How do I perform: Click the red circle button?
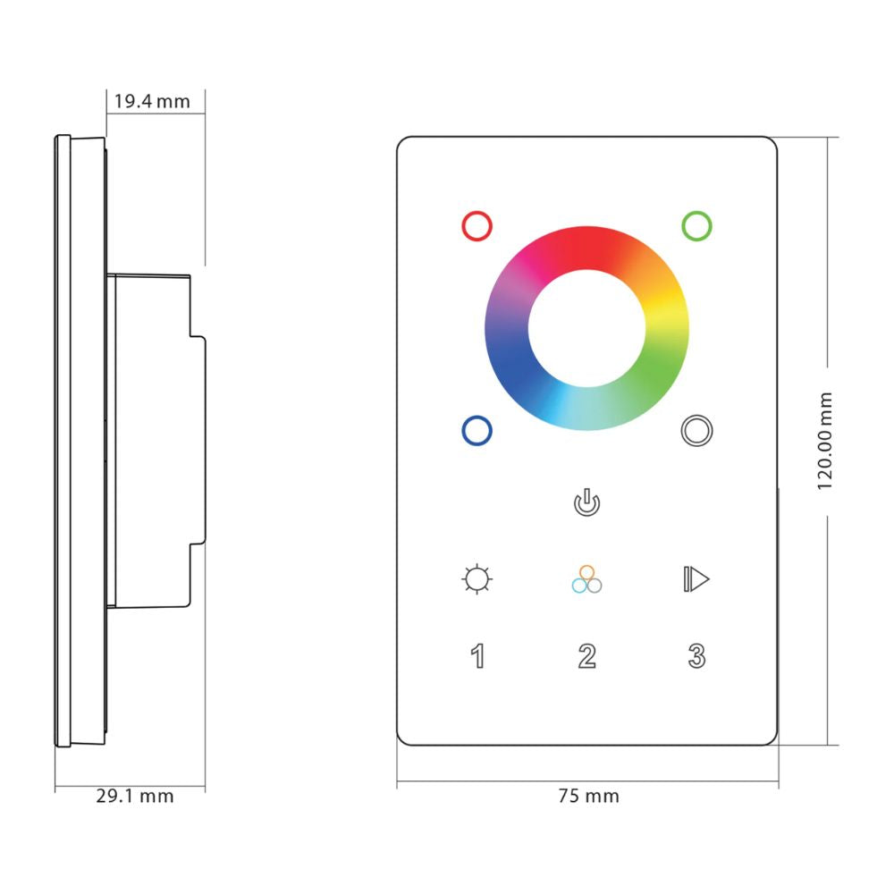click(x=477, y=225)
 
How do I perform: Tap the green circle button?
click(x=696, y=225)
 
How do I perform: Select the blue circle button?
click(x=477, y=431)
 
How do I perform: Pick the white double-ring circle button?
click(x=696, y=431)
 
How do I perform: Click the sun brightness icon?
click(x=477, y=579)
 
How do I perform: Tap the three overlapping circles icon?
click(x=586, y=579)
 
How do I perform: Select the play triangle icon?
click(x=696, y=579)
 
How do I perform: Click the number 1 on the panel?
click(x=478, y=656)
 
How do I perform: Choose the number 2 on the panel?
click(x=586, y=656)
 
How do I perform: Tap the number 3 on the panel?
click(x=696, y=656)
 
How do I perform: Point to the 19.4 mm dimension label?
click(x=150, y=101)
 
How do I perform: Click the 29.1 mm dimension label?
click(x=135, y=796)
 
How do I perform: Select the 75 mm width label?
click(x=588, y=796)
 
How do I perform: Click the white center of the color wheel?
click(x=586, y=328)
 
